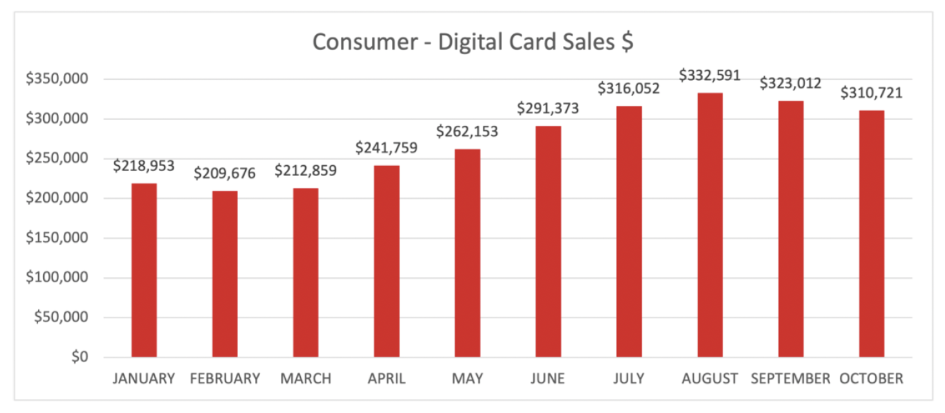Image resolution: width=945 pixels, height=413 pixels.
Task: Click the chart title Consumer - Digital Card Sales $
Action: click(472, 42)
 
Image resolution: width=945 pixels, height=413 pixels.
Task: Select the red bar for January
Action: click(144, 270)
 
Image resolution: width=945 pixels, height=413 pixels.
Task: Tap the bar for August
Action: click(709, 225)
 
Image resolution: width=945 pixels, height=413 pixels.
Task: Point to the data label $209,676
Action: click(225, 174)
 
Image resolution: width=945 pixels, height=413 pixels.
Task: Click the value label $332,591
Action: click(709, 76)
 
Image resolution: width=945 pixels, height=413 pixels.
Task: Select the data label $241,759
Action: click(386, 148)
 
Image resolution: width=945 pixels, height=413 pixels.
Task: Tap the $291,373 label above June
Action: click(548, 108)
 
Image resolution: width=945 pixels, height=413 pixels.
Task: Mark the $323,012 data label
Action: click(790, 83)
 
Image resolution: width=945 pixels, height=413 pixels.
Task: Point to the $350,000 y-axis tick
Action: click(56, 79)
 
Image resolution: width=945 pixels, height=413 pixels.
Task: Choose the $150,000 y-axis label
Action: click(56, 238)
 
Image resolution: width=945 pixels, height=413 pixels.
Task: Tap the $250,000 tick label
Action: click(56, 159)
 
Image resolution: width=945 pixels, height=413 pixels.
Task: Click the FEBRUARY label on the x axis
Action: click(225, 379)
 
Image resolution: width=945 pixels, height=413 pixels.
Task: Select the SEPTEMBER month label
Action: click(790, 379)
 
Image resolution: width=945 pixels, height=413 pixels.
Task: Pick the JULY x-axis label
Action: click(629, 379)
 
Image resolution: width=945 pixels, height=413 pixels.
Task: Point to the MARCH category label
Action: click(305, 379)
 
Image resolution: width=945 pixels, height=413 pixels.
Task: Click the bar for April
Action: click(386, 261)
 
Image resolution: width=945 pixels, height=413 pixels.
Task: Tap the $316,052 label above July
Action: click(629, 88)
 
